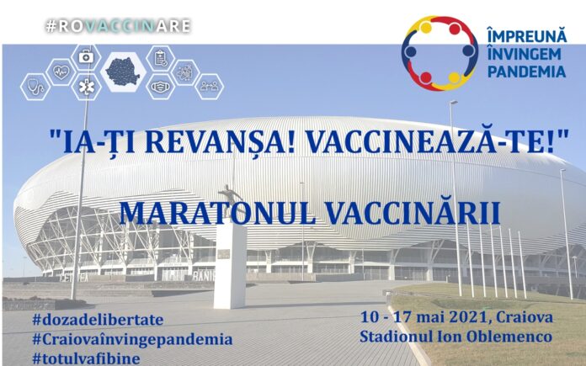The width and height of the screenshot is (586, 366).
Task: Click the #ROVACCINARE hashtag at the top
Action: click(119, 26)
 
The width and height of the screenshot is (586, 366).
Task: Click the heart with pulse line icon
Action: click(61, 72)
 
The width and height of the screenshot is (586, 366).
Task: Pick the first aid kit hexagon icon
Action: click(85, 57)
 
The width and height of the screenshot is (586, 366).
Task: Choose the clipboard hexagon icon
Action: click(160, 58)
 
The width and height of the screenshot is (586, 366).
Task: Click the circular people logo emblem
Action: click(439, 52)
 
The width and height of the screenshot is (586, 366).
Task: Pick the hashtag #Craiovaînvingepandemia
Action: click(131, 338)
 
